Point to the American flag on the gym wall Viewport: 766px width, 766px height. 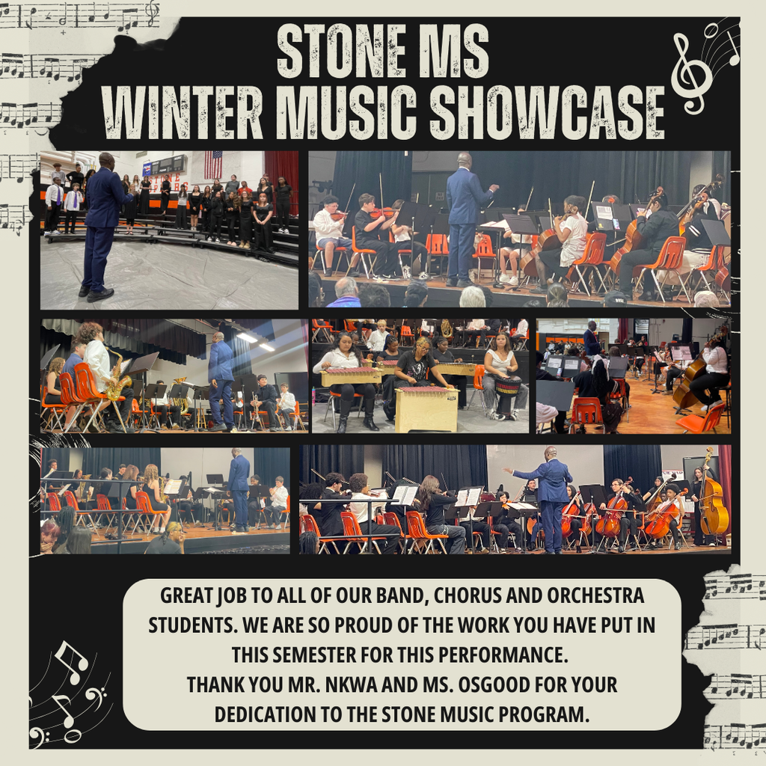pyautogui.click(x=213, y=164)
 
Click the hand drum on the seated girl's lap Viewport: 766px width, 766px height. pyautogui.click(x=507, y=386)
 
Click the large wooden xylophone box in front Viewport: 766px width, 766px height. pyautogui.click(x=426, y=408)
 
